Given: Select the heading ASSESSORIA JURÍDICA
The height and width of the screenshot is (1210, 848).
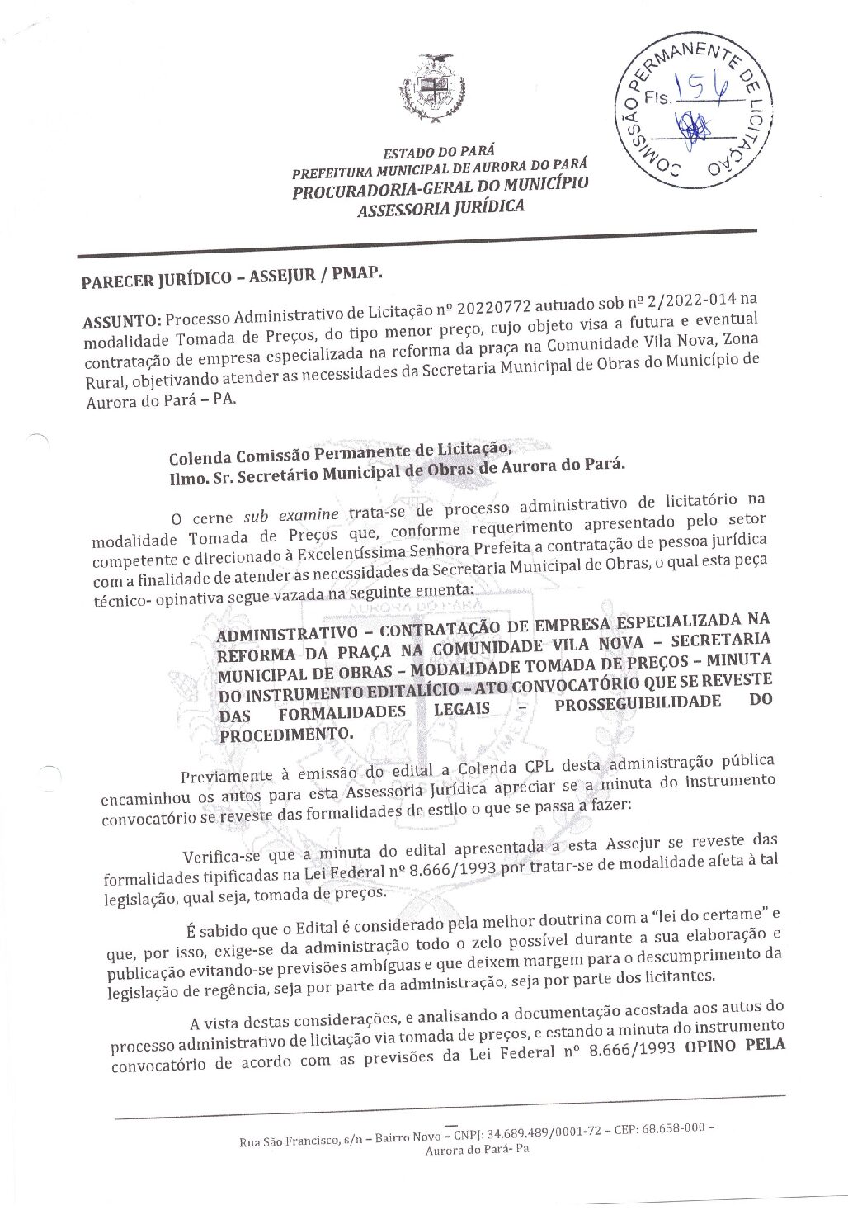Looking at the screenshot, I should [439, 206].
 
